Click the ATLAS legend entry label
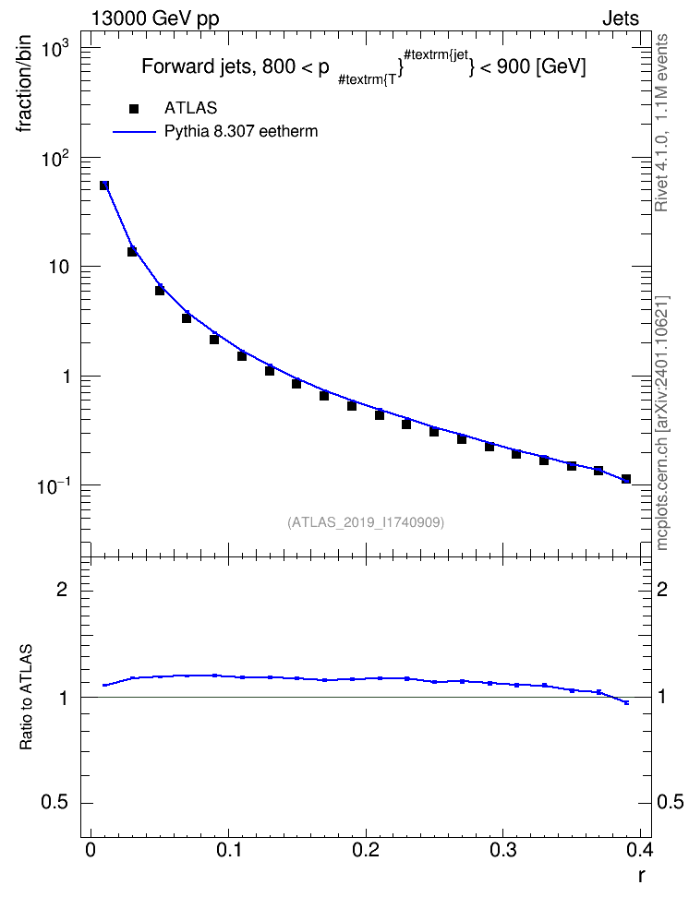click(190, 108)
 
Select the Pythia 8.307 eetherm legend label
click(240, 131)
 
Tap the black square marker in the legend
click(134, 108)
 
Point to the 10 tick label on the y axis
click(57, 267)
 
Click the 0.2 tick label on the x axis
click(366, 850)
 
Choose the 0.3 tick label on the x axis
click(502, 850)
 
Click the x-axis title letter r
click(642, 876)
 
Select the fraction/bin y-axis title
click(24, 84)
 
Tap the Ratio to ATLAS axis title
click(26, 698)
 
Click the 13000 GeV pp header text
click(155, 18)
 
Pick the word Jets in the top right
click(621, 18)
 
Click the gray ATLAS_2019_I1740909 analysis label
click(366, 522)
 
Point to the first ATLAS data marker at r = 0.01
click(104, 185)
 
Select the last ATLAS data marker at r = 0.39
click(626, 479)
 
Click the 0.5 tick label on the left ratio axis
click(54, 803)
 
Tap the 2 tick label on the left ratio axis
click(63, 589)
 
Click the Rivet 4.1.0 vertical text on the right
click(661, 124)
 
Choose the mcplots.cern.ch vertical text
click(662, 424)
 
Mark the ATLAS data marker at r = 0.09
click(214, 340)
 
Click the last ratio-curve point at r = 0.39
click(626, 702)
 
